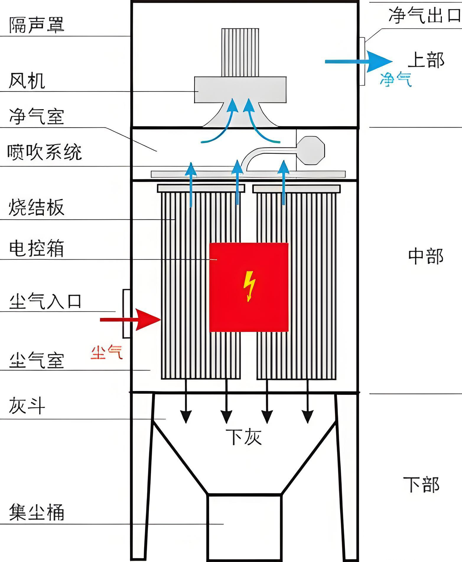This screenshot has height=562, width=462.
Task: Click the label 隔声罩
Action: (x=36, y=25)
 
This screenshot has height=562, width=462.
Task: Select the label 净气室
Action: (x=36, y=116)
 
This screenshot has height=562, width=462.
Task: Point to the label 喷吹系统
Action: (x=44, y=152)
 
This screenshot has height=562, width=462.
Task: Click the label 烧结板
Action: (x=36, y=207)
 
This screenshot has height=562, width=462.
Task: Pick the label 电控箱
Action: (x=36, y=248)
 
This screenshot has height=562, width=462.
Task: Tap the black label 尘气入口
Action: (x=45, y=301)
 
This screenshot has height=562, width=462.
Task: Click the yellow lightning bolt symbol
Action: (x=249, y=286)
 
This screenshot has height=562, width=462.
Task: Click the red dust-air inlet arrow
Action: (x=130, y=320)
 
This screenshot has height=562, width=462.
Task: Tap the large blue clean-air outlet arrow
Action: (x=359, y=62)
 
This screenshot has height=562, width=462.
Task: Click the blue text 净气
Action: (x=395, y=79)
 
